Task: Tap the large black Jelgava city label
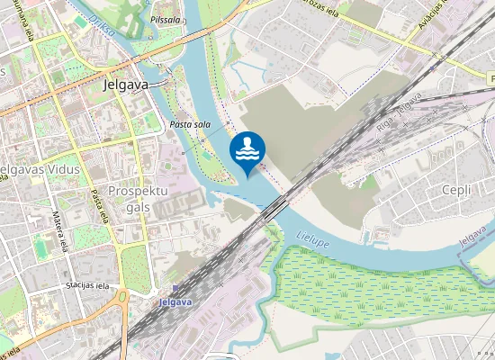(x=125, y=85)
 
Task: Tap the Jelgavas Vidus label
(x=41, y=169)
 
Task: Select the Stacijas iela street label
(x=86, y=285)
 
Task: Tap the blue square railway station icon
(x=175, y=290)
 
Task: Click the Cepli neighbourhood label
(x=456, y=190)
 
